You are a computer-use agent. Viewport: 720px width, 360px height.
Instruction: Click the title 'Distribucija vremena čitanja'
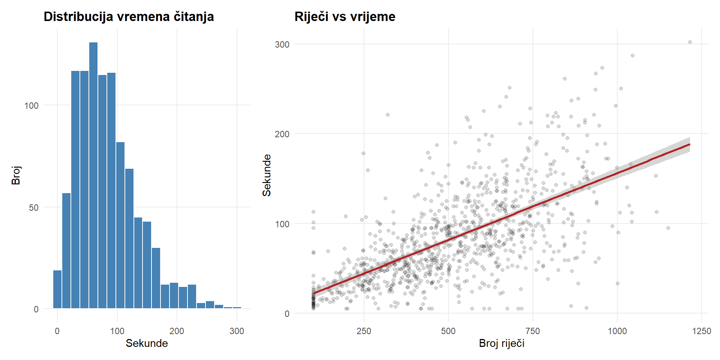pyautogui.click(x=129, y=16)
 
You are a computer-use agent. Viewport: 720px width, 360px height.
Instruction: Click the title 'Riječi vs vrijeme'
pyautogui.click(x=345, y=16)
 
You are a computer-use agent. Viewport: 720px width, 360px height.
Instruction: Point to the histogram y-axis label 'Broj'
pyautogui.click(x=16, y=175)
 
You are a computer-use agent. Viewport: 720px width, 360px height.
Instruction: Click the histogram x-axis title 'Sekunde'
pyautogui.click(x=147, y=343)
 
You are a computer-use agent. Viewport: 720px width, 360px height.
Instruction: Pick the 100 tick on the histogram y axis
pyautogui.click(x=31, y=106)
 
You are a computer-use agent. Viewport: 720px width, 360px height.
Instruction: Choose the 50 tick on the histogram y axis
pyautogui.click(x=34, y=208)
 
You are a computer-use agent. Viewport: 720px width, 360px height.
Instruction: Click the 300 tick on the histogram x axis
pyautogui.click(x=237, y=331)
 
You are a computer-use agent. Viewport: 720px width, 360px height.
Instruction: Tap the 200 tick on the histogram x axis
pyautogui.click(x=177, y=331)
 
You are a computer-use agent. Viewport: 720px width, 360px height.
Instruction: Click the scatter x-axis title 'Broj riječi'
pyautogui.click(x=501, y=343)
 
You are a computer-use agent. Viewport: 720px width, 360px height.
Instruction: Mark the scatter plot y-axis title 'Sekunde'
pyautogui.click(x=267, y=175)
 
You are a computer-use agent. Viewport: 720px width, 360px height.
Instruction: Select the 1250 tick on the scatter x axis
pyautogui.click(x=702, y=331)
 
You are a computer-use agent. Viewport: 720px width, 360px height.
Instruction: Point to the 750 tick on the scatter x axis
pyautogui.click(x=532, y=331)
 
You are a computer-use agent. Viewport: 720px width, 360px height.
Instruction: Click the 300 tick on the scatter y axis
pyautogui.click(x=282, y=44)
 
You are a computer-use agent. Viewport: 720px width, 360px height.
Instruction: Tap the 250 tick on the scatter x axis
pyautogui.click(x=364, y=331)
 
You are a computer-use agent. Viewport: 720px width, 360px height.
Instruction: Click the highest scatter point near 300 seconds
pyautogui.click(x=690, y=42)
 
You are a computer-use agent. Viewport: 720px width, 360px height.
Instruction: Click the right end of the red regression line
pyautogui.click(x=690, y=144)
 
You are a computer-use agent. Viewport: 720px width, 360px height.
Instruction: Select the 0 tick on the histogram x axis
pyautogui.click(x=57, y=331)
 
